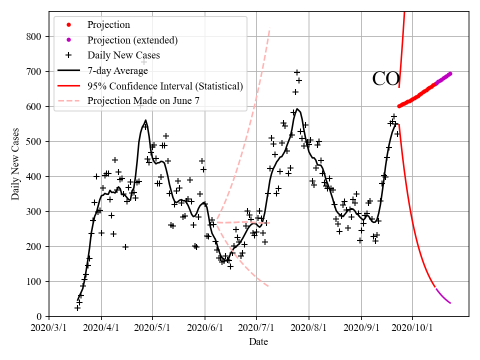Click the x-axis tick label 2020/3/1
point(49,327)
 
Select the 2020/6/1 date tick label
point(204,327)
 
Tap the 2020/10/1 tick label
point(412,327)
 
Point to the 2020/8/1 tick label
point(308,327)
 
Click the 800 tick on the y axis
point(36,36)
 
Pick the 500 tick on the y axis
point(36,141)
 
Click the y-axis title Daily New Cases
point(15,163)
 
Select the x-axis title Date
point(258,342)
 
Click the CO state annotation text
point(385,79)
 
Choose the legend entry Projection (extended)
point(132,40)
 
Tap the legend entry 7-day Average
point(117,70)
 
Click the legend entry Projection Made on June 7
point(143,100)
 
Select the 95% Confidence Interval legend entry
point(165,86)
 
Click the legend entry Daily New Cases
point(123,55)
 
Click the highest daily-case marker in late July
point(297,72)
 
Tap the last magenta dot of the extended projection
point(449,74)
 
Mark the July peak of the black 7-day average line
point(297,108)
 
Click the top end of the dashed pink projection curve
point(270,28)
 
